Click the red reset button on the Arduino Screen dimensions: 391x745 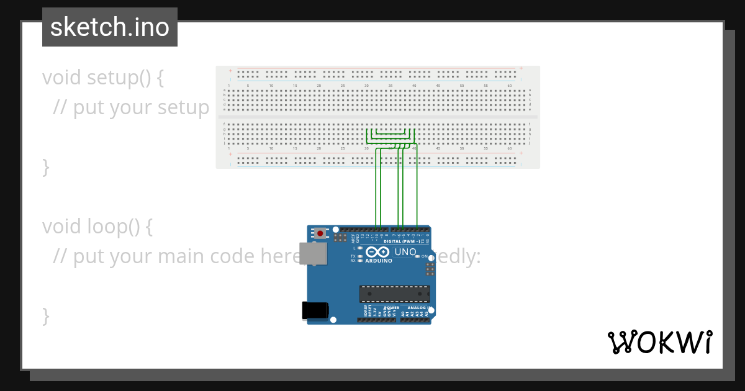coord(320,233)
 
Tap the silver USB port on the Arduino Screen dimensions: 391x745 coord(312,253)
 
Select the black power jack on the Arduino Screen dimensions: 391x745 coord(315,310)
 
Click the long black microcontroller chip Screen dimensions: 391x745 coord(394,294)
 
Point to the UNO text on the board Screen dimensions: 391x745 coord(405,252)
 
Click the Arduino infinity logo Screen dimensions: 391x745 coord(377,252)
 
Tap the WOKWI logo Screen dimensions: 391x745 coord(660,342)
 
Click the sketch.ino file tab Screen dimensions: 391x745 coord(110,27)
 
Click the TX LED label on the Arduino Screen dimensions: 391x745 coord(353,256)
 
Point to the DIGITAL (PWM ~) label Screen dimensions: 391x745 coord(404,241)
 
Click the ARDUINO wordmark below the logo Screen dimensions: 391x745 coord(378,261)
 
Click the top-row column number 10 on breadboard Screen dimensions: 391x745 coord(271,86)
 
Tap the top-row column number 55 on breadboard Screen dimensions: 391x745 coord(485,86)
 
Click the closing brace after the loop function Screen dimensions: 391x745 coord(45,315)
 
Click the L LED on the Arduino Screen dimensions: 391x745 coord(360,248)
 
